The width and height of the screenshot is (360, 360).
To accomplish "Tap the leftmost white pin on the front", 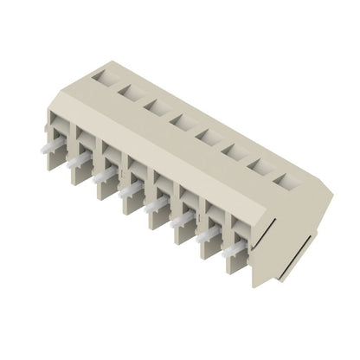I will tap(55, 144).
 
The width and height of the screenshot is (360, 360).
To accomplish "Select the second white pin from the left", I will tap(82, 159).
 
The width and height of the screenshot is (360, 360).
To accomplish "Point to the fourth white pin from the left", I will tap(131, 189).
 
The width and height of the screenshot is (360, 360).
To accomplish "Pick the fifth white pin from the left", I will tap(157, 204).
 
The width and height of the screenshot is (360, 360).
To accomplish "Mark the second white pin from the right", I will tap(208, 235).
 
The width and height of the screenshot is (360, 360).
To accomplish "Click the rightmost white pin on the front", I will tap(234, 250).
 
